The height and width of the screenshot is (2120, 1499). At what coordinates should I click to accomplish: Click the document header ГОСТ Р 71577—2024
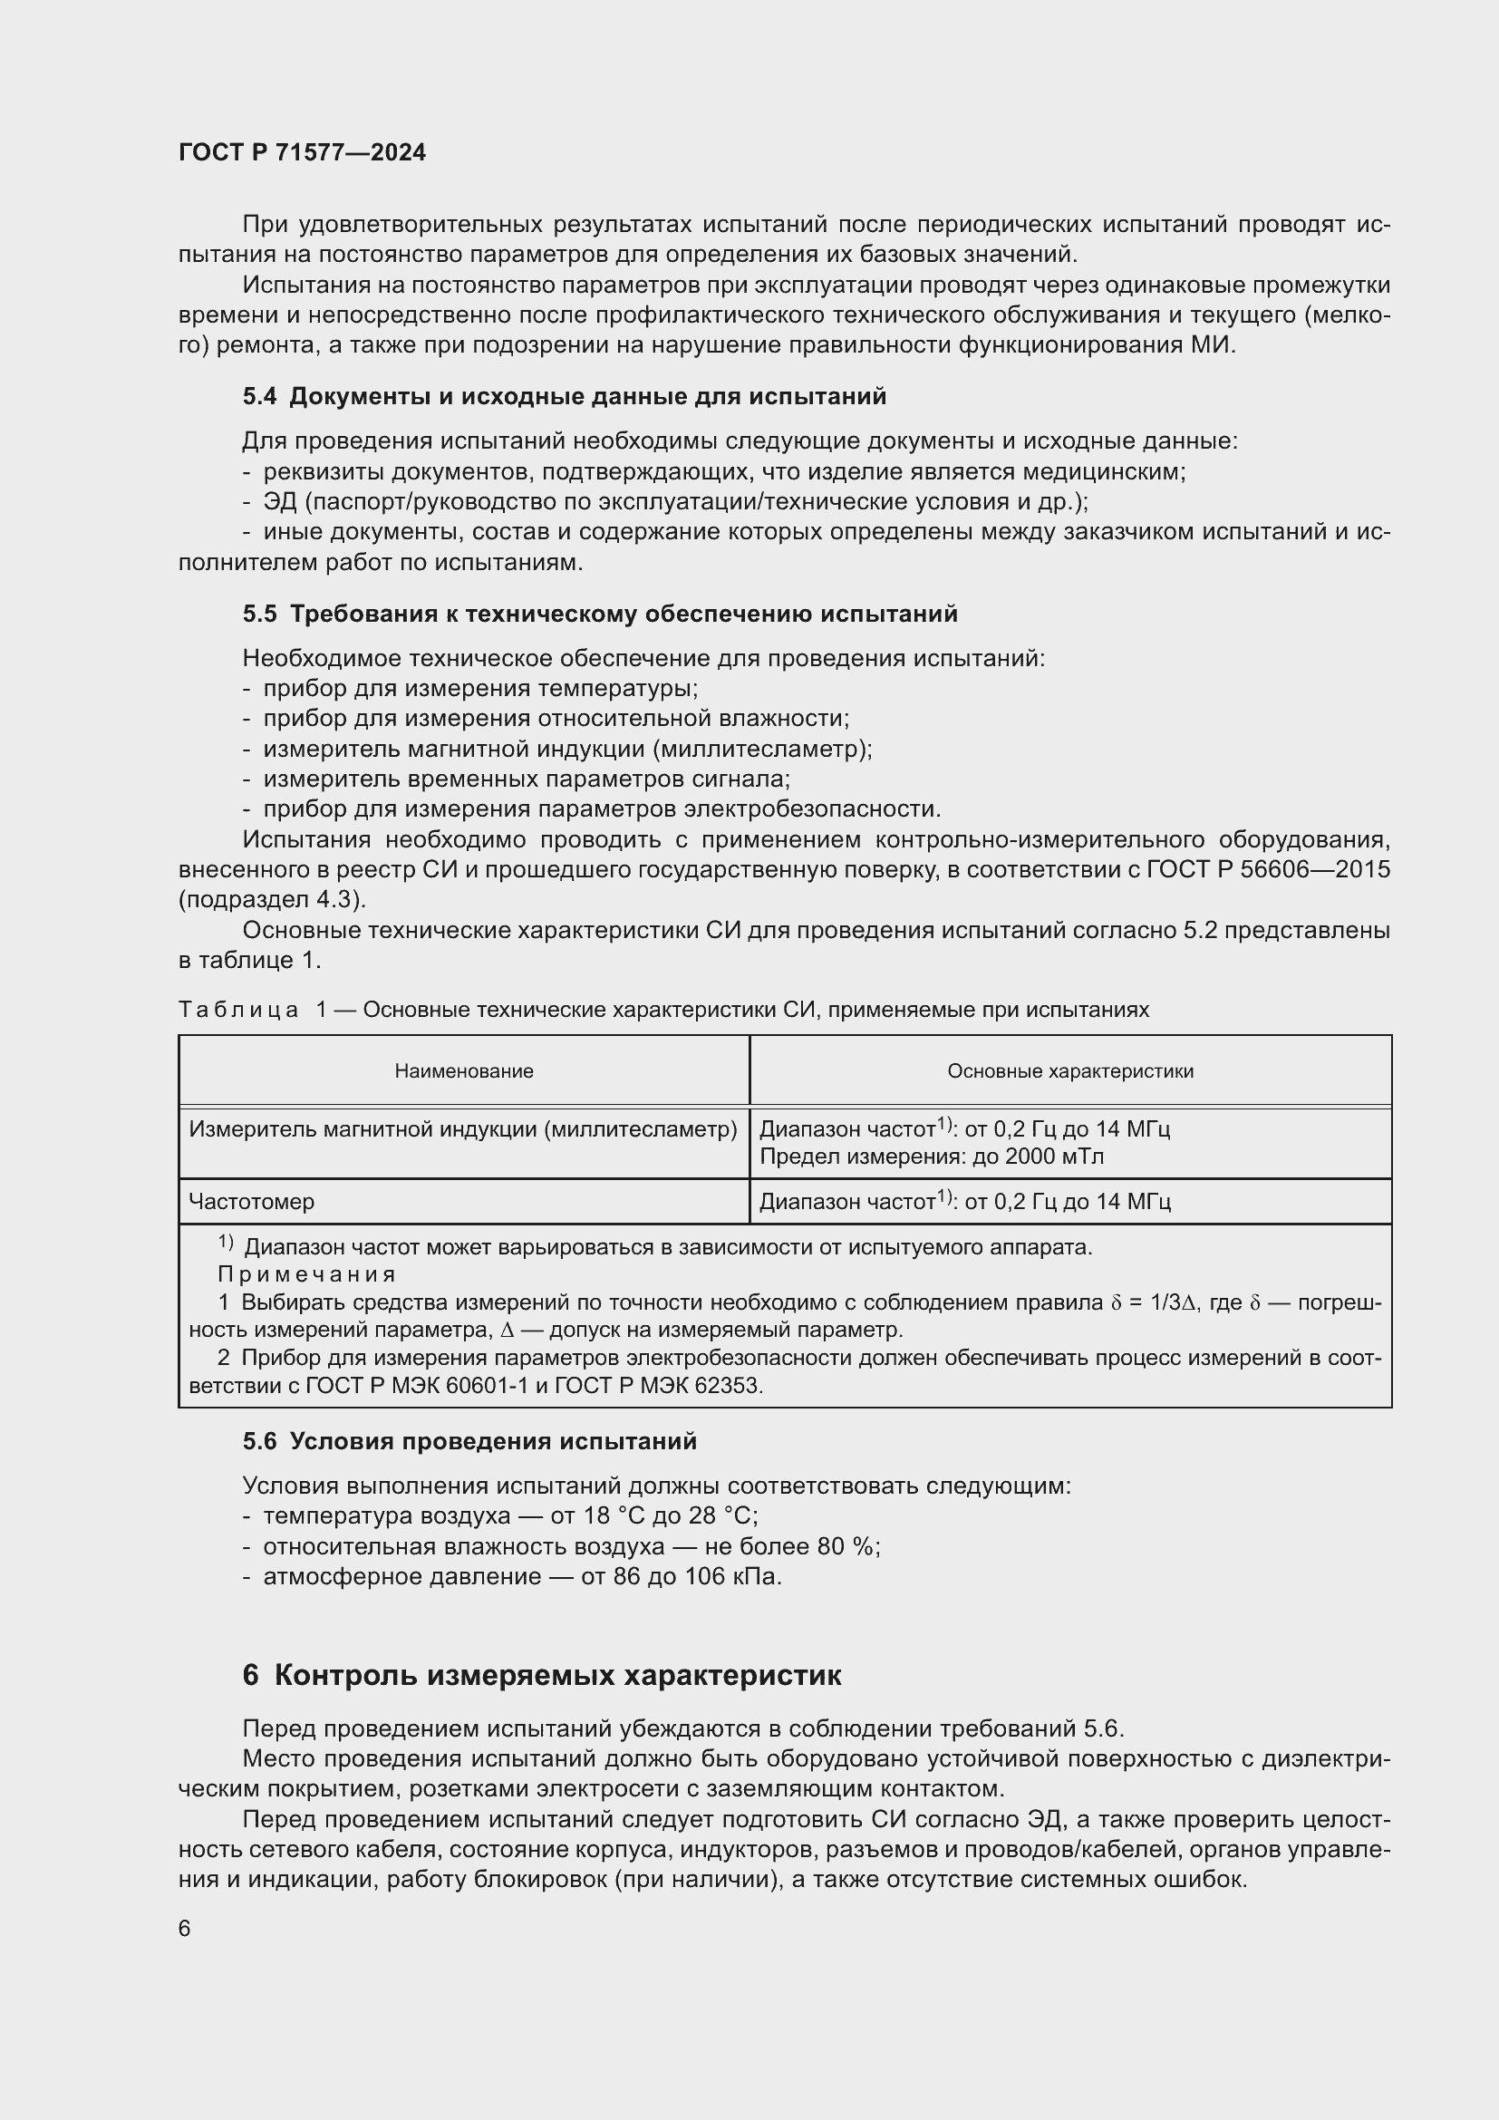(302, 152)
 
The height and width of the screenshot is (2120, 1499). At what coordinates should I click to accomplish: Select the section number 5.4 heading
(259, 397)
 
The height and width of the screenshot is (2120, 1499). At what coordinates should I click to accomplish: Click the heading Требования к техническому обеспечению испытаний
(623, 614)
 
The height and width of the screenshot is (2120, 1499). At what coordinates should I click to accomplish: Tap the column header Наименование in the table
(463, 1071)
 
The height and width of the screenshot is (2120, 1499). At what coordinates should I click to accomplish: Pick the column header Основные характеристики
(1069, 1071)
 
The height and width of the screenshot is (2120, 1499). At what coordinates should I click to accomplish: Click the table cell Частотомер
(251, 1201)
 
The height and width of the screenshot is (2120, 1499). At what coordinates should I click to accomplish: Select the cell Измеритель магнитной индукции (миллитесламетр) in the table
(462, 1129)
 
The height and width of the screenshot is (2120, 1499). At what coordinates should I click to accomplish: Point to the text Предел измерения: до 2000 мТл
(931, 1156)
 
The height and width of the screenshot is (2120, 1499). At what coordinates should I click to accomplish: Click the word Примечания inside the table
(306, 1274)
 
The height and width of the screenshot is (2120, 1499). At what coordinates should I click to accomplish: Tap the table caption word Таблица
(238, 1010)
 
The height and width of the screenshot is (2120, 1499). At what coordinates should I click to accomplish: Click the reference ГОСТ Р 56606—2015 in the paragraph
(1268, 870)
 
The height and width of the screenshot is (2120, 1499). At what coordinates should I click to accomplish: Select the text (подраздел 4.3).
(272, 899)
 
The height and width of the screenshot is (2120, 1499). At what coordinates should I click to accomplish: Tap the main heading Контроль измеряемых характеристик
(557, 1676)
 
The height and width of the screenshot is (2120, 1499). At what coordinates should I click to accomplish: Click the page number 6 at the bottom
(185, 1929)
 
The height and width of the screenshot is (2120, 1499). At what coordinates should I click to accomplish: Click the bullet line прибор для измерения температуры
(480, 689)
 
